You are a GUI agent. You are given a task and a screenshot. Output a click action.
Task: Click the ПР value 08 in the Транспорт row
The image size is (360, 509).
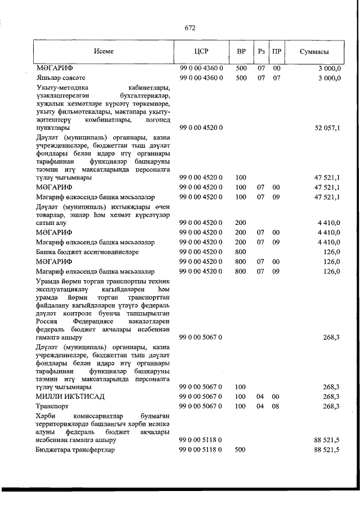tap(276, 406)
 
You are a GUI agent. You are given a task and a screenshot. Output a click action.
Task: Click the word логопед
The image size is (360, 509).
tap(160, 119)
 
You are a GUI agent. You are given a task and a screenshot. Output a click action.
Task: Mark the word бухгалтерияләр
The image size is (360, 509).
tap(148, 96)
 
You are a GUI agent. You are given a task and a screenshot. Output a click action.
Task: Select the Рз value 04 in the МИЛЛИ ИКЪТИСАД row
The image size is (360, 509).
tap(260, 397)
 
